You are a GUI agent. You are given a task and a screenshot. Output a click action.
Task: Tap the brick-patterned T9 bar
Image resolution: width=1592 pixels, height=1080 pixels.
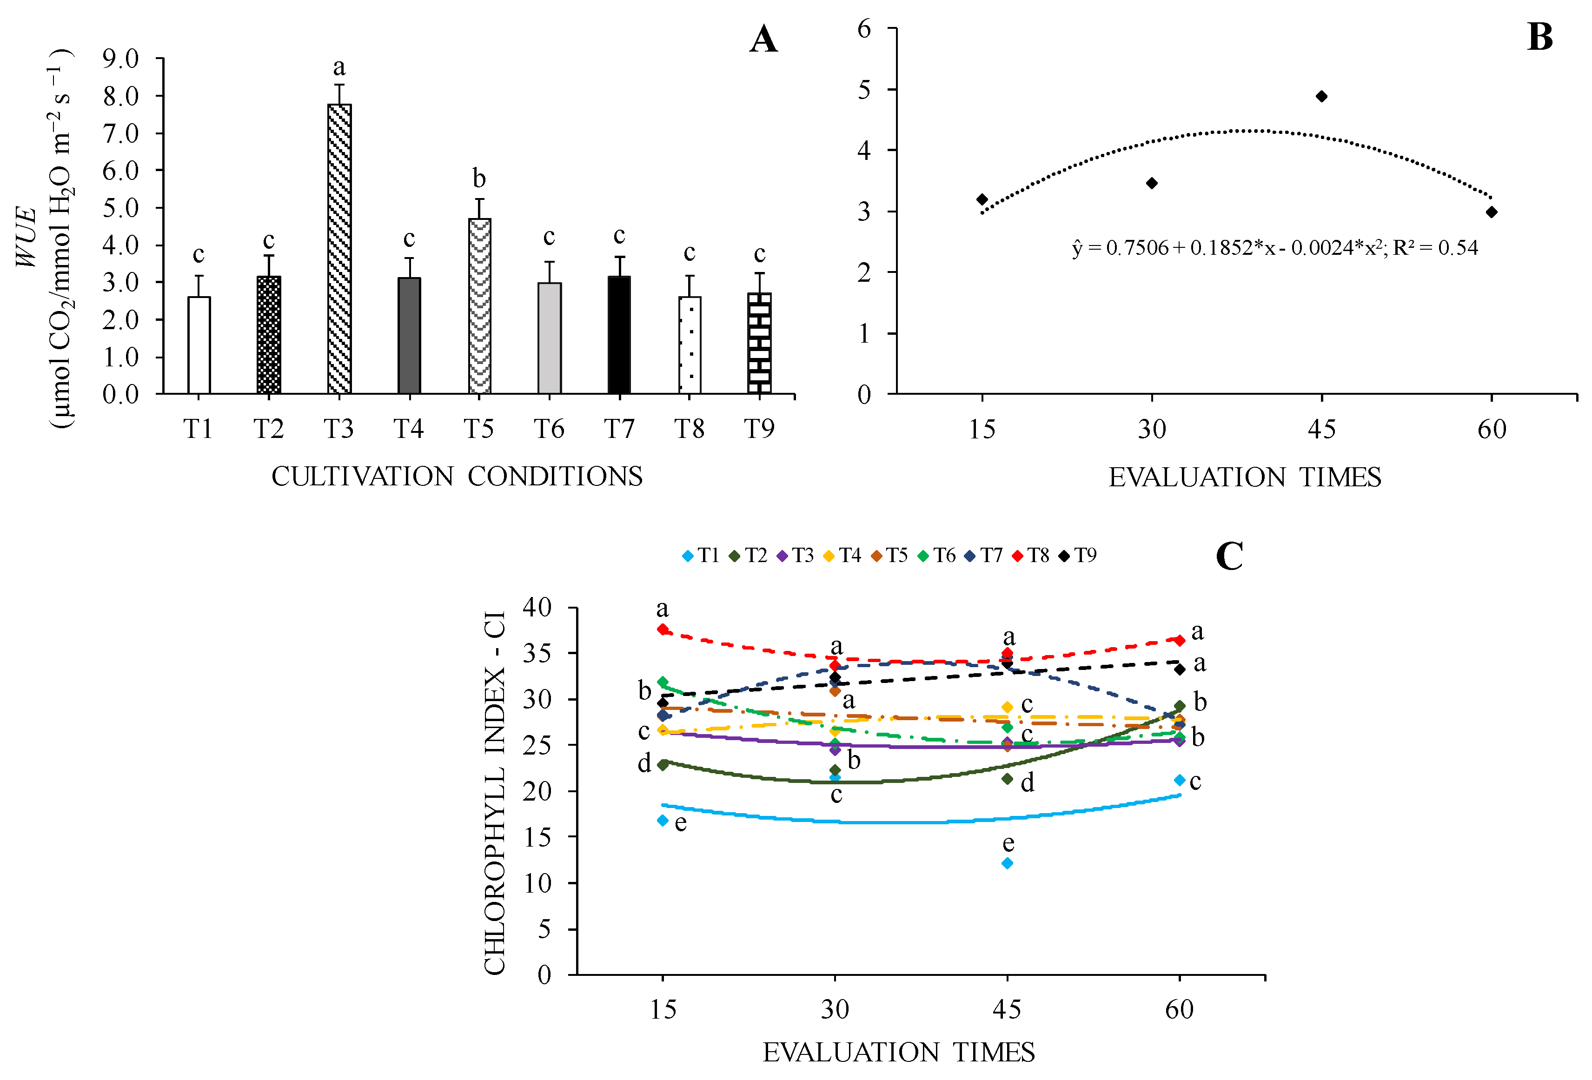coord(759,343)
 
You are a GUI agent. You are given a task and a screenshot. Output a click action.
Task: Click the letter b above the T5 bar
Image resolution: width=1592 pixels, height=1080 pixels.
coord(479,179)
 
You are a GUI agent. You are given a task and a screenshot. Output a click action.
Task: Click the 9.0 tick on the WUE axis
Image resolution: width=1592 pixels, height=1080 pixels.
coord(120,59)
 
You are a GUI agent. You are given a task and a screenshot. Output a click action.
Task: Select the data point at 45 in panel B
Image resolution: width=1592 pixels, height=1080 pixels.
coord(1321,97)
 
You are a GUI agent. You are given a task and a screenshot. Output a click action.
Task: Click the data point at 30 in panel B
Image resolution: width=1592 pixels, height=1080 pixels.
coord(1152,183)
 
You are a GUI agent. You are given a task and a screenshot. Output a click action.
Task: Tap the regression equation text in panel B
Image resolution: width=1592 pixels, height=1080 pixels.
coord(1274,247)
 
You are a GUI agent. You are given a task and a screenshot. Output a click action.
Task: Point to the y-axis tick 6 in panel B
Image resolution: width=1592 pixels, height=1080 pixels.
coord(864,29)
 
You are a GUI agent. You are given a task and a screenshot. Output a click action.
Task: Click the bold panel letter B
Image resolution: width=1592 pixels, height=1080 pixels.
coord(1539,37)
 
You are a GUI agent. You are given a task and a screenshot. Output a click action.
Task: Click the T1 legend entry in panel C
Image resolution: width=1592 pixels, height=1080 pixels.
coord(702,556)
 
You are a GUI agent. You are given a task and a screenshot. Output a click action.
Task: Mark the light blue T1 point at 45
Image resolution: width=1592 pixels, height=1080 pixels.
coord(1007,864)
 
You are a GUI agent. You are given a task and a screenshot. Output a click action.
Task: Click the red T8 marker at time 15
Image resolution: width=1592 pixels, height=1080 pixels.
coord(663,629)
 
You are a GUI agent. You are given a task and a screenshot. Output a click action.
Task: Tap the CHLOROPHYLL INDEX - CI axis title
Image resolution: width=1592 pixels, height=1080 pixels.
coord(495,792)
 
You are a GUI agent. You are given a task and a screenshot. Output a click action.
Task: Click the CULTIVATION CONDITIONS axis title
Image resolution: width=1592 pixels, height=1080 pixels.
coord(457,477)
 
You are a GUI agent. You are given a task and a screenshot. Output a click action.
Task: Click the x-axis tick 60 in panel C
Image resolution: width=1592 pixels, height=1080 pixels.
coord(1179,1009)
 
